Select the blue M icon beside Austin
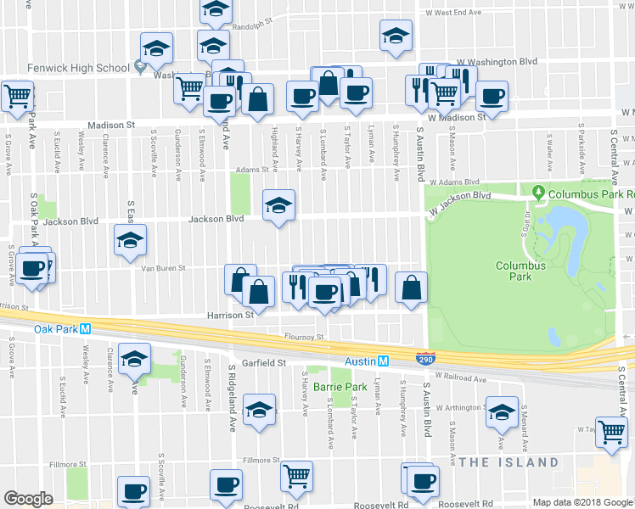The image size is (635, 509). (383, 361)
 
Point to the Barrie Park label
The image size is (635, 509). (338, 387)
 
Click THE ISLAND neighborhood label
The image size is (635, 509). (509, 462)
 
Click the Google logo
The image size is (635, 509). (29, 499)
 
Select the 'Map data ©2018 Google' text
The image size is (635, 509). (582, 502)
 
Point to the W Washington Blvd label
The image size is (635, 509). (497, 62)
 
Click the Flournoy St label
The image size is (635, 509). (306, 337)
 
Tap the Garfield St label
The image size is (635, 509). (263, 362)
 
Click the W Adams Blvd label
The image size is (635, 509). (454, 182)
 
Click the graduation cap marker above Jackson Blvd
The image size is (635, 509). (278, 205)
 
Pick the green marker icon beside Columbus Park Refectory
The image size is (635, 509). (537, 193)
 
